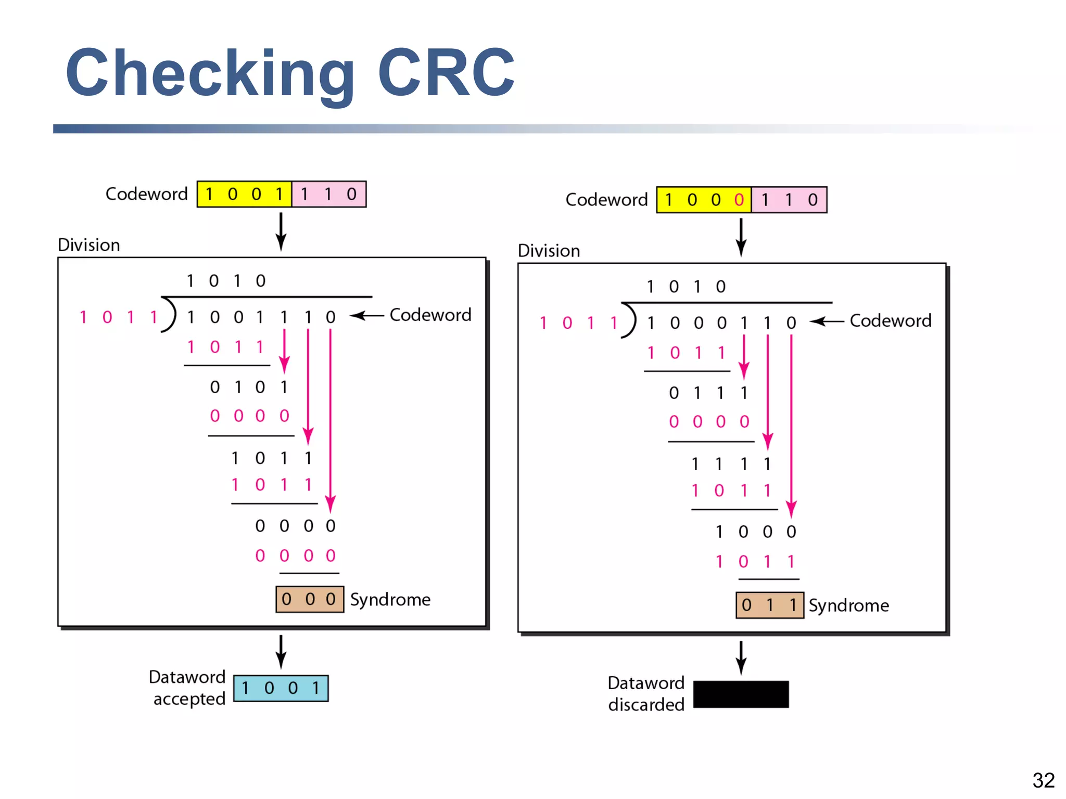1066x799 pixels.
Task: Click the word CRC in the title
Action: click(446, 73)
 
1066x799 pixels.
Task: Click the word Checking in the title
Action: click(211, 73)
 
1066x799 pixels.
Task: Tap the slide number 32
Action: click(1043, 780)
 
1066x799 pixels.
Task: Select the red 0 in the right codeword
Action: click(739, 200)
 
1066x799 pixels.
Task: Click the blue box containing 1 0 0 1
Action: click(281, 688)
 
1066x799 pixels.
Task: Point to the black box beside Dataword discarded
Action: click(741, 694)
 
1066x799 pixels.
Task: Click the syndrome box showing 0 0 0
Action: click(309, 599)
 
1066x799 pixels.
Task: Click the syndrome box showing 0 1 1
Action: click(769, 605)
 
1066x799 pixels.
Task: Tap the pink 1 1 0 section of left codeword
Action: click(328, 194)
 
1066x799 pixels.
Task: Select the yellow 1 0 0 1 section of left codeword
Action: click(244, 194)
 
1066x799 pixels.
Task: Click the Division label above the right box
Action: click(549, 251)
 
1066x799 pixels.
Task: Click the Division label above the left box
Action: click(88, 245)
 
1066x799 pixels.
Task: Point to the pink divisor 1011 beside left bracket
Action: click(118, 317)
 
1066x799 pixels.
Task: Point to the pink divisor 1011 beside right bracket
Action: click(578, 323)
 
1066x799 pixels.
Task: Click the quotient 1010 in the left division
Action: click(226, 281)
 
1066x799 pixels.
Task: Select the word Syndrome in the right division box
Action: click(848, 605)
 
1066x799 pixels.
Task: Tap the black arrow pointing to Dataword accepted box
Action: click(281, 651)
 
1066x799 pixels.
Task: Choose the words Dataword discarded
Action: click(646, 693)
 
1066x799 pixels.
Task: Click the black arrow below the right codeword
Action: click(741, 237)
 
